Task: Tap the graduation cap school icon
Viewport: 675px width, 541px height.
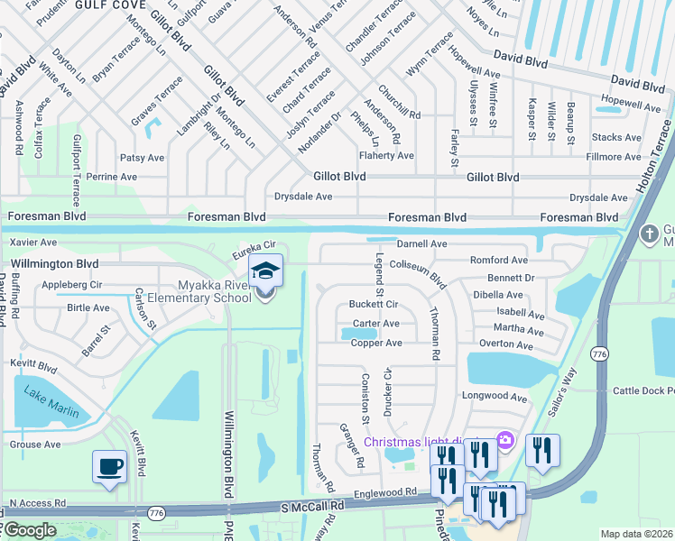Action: (266, 270)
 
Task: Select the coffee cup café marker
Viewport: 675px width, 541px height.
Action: (110, 467)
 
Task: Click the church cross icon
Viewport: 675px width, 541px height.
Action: (649, 234)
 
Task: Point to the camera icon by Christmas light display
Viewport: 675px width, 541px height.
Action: (505, 440)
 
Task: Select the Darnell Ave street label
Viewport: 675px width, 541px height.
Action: (422, 243)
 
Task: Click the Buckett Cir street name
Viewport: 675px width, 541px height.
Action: (374, 304)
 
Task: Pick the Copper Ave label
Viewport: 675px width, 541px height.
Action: (376, 344)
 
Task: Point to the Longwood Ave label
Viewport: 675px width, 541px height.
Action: (519, 397)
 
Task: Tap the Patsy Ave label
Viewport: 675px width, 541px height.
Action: (142, 157)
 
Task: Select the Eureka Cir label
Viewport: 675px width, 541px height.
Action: (254, 245)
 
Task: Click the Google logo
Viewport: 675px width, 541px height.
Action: (30, 531)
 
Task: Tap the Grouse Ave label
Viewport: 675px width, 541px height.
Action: (35, 445)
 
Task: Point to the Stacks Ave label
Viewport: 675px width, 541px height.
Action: (616, 137)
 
